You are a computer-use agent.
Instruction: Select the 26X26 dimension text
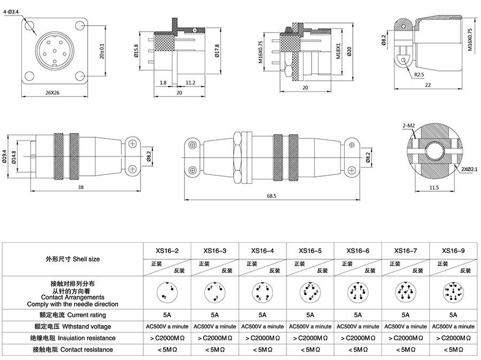(x=52, y=92)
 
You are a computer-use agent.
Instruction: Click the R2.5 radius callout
(x=418, y=74)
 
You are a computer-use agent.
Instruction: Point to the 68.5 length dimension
(x=271, y=195)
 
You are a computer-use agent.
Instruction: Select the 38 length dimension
(x=80, y=187)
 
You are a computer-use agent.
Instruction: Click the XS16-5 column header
(x=310, y=250)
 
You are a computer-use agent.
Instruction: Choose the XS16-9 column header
(x=453, y=250)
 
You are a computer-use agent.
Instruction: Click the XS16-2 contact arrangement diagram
(x=167, y=292)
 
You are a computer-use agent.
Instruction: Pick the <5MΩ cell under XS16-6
(x=358, y=349)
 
